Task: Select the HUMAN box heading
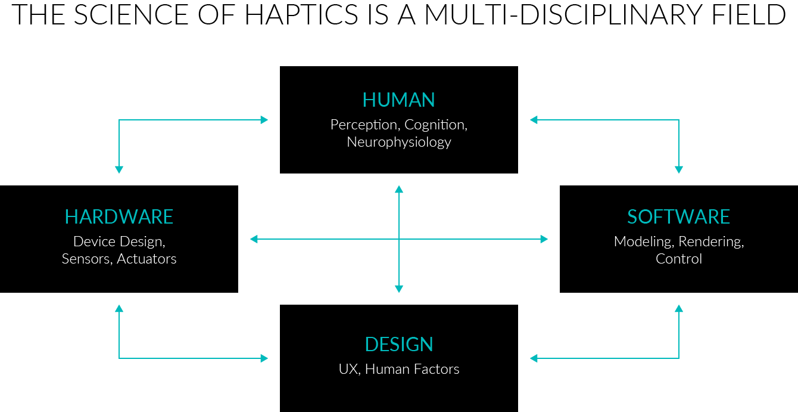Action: pos(398,100)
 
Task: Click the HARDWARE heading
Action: pos(119,216)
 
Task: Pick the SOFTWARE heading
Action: pos(678,216)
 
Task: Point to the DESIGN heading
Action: pos(398,344)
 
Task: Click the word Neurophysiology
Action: pos(398,143)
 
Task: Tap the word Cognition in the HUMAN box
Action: pos(436,125)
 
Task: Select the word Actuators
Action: pos(146,259)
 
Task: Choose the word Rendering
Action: pos(711,241)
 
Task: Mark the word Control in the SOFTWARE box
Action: pos(678,259)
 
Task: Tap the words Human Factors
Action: pos(412,369)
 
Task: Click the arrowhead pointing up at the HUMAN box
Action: pos(399,189)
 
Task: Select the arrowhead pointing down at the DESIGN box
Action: pos(399,289)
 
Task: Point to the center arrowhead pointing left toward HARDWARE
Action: pos(254,239)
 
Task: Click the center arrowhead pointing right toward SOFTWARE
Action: pos(544,239)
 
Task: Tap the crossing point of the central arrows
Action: pos(399,239)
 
